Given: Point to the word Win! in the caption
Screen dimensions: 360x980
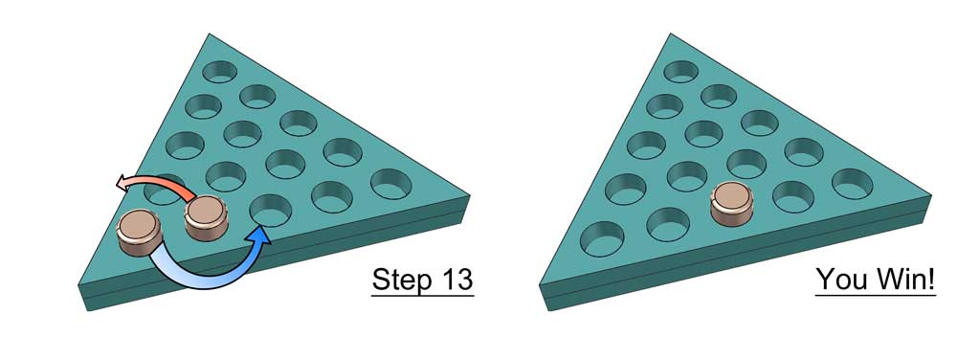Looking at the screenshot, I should tap(904, 280).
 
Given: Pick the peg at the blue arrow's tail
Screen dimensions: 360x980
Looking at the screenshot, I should tap(138, 233).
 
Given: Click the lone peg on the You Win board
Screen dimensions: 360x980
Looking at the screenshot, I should tap(732, 205).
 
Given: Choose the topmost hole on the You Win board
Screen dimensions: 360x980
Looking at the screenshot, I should tap(681, 70).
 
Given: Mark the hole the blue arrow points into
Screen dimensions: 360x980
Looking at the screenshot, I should tap(270, 205).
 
